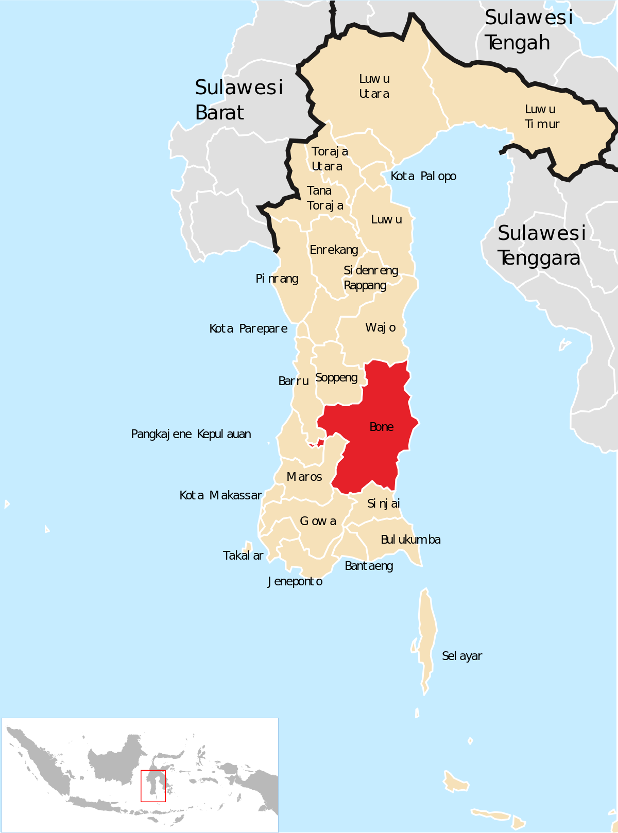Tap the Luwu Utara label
point(374,86)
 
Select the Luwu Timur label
point(541,117)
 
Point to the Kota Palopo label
point(423,177)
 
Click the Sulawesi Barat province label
point(238,100)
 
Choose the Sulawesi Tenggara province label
point(541,246)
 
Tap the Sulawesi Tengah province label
point(528,30)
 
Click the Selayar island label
point(462,656)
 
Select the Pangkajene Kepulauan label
point(191,435)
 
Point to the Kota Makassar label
point(220,496)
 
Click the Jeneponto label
point(295,582)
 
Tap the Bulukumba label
point(410,540)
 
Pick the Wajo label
point(381,328)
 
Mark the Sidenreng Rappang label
point(371,278)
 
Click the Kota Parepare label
point(248,329)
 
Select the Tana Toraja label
point(325,198)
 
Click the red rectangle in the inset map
point(153,786)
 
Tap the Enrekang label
point(334,250)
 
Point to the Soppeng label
point(336,378)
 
